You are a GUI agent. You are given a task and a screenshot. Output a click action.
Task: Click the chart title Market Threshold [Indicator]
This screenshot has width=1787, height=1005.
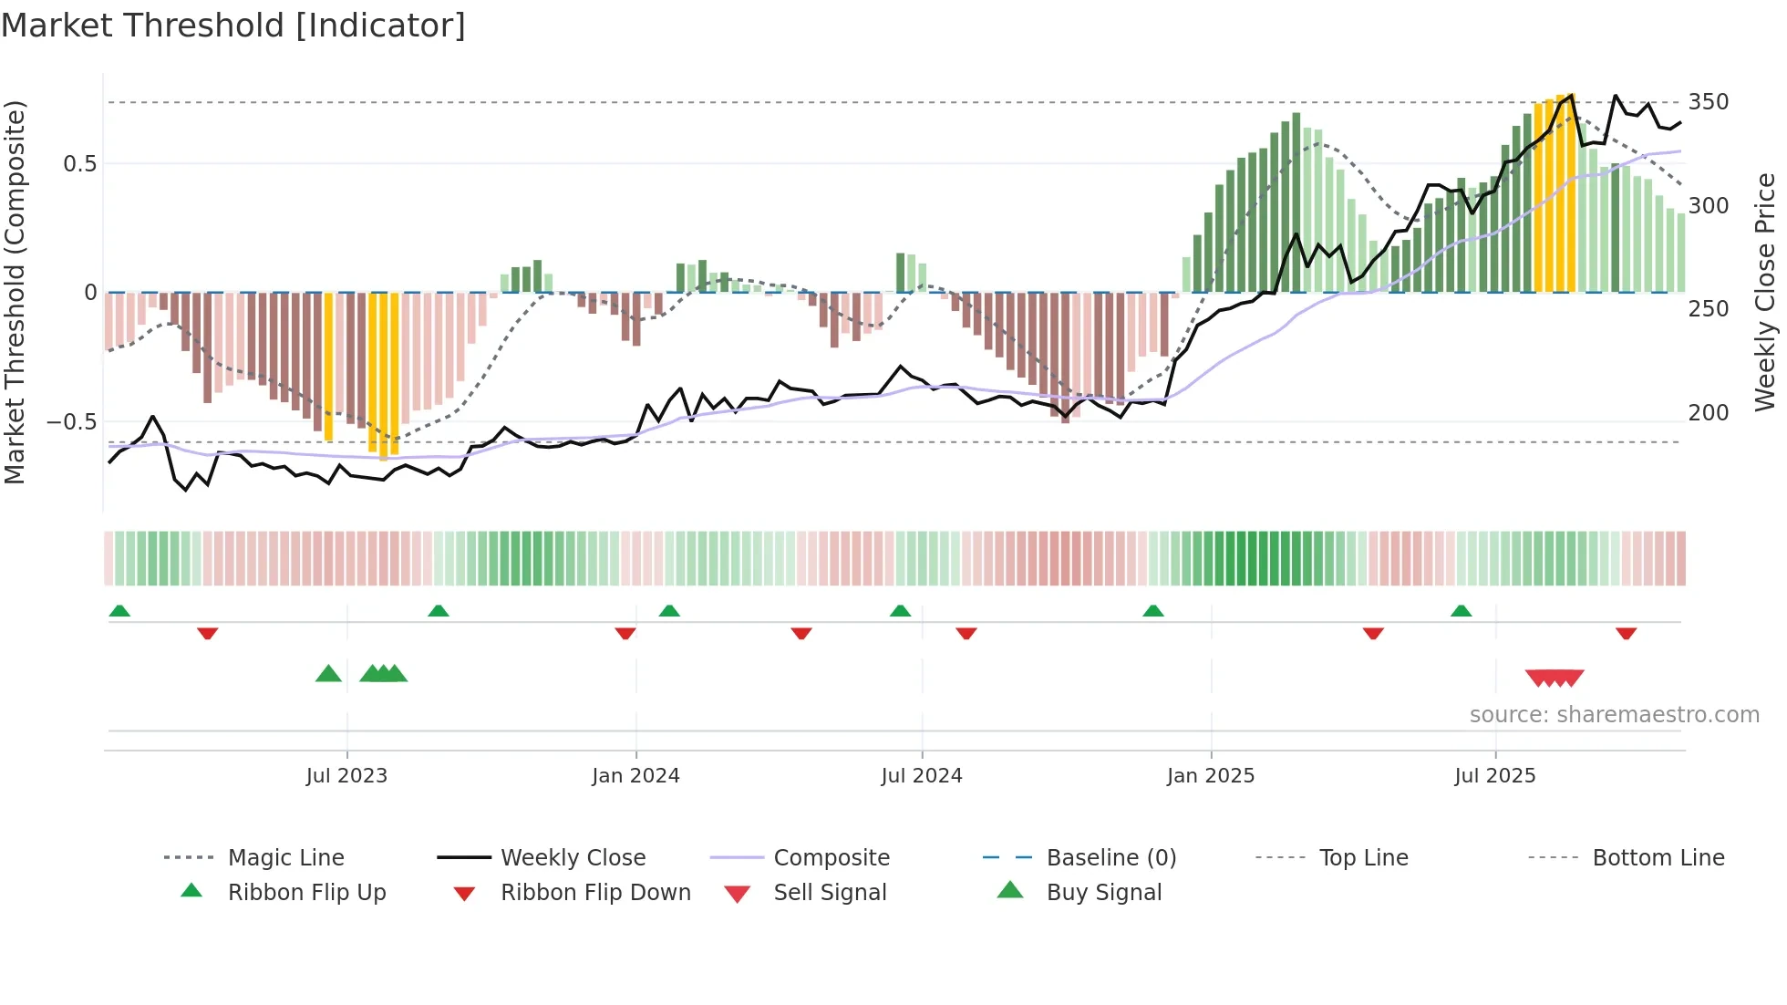(x=233, y=26)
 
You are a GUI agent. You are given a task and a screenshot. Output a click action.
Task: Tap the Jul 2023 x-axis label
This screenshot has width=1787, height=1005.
(x=346, y=776)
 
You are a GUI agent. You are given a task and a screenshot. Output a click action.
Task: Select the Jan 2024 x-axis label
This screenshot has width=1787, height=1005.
(x=635, y=776)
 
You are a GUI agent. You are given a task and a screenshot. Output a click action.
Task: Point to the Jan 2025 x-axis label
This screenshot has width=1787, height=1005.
(x=1211, y=776)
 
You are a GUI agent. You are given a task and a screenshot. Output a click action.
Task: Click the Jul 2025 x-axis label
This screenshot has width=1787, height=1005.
(x=1495, y=776)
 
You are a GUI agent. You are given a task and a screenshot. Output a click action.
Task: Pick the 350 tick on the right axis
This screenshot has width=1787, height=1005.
(x=1708, y=102)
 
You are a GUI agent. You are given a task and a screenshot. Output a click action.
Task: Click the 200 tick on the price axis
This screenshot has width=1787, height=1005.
(x=1708, y=413)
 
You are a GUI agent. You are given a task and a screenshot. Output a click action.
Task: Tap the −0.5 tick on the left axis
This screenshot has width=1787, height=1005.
(x=71, y=422)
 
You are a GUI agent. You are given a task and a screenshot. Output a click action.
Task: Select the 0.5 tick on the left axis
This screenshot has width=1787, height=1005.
(x=79, y=164)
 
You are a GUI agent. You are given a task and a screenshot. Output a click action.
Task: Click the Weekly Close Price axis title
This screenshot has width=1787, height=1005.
(x=1765, y=292)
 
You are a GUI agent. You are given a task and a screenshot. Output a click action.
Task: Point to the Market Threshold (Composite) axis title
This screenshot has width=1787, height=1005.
(x=15, y=292)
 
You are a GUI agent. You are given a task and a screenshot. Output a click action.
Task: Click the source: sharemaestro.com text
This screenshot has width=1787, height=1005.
(x=1614, y=715)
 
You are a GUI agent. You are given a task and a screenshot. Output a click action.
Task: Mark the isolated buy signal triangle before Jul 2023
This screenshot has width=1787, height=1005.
(x=328, y=674)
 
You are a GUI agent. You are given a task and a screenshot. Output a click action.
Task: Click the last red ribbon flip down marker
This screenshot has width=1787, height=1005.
(x=1626, y=633)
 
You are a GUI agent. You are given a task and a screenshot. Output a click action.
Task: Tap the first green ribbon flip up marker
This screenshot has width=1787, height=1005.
(x=119, y=610)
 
